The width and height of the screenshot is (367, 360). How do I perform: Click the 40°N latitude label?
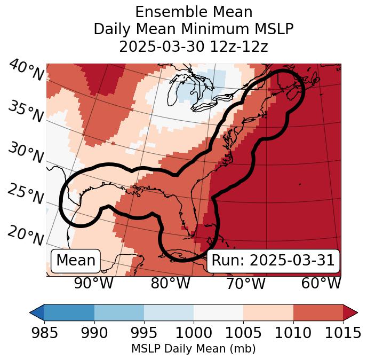tap(26, 71)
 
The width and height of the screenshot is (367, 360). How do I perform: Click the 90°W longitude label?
tap(94, 283)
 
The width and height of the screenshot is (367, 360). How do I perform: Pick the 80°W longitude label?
tap(171, 283)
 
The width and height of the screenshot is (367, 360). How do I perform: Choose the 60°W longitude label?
tap(321, 283)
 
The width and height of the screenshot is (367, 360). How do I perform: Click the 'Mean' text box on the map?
tap(76, 261)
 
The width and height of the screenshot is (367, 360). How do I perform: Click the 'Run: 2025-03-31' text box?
tap(273, 261)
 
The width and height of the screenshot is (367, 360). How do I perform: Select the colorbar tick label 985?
tap(44, 333)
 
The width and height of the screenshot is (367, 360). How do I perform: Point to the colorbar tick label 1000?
tap(194, 333)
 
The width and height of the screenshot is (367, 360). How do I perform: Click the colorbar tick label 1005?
tap(243, 333)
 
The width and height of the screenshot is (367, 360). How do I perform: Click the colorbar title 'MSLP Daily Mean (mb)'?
tap(193, 349)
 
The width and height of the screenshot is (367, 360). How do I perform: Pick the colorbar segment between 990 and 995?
tap(119, 312)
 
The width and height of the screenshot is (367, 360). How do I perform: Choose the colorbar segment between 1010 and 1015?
tap(318, 312)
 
